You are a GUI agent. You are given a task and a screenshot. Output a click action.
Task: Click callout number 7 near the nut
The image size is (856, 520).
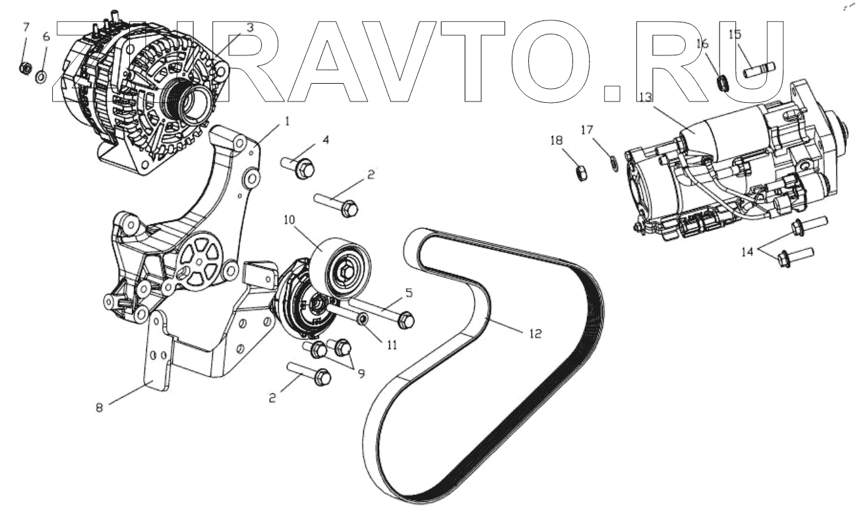coord(26,27)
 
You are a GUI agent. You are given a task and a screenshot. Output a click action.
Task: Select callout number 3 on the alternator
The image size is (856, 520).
coord(250,28)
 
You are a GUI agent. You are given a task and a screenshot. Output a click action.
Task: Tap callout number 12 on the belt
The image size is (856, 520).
coord(535,333)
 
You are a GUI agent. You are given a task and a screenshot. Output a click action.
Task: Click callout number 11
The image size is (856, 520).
coord(392,345)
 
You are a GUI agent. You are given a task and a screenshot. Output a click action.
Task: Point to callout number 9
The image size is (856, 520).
coord(361,373)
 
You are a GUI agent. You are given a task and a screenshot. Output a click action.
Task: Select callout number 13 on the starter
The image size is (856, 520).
coord(644,97)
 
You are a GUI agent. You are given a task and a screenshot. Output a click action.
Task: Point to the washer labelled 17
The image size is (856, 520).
coord(611,161)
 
